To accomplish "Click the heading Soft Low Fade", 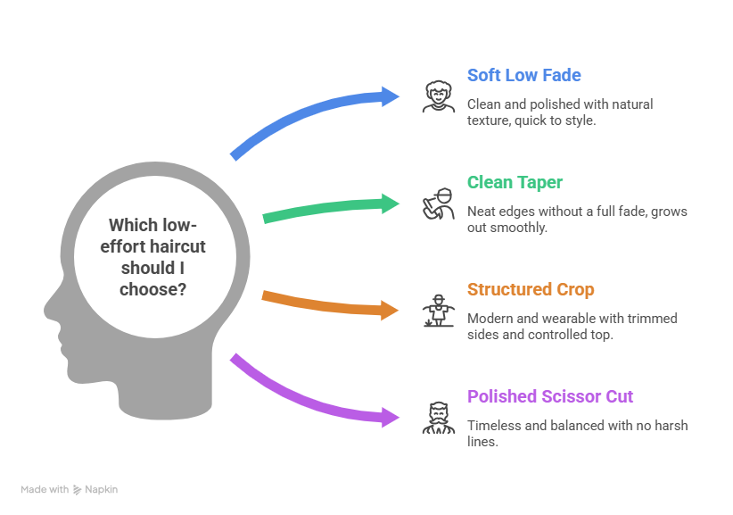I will (x=524, y=75).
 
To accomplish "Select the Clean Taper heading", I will (x=515, y=182).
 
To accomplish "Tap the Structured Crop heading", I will (x=531, y=289).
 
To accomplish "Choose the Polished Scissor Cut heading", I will (x=550, y=396).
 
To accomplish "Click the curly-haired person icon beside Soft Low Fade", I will (x=437, y=96).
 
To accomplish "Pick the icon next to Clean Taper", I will (x=437, y=204).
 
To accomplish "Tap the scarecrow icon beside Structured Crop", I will (x=437, y=311).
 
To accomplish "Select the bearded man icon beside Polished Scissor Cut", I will (x=437, y=418).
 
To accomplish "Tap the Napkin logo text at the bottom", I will (x=101, y=489).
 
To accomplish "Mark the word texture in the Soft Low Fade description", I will (x=488, y=120).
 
